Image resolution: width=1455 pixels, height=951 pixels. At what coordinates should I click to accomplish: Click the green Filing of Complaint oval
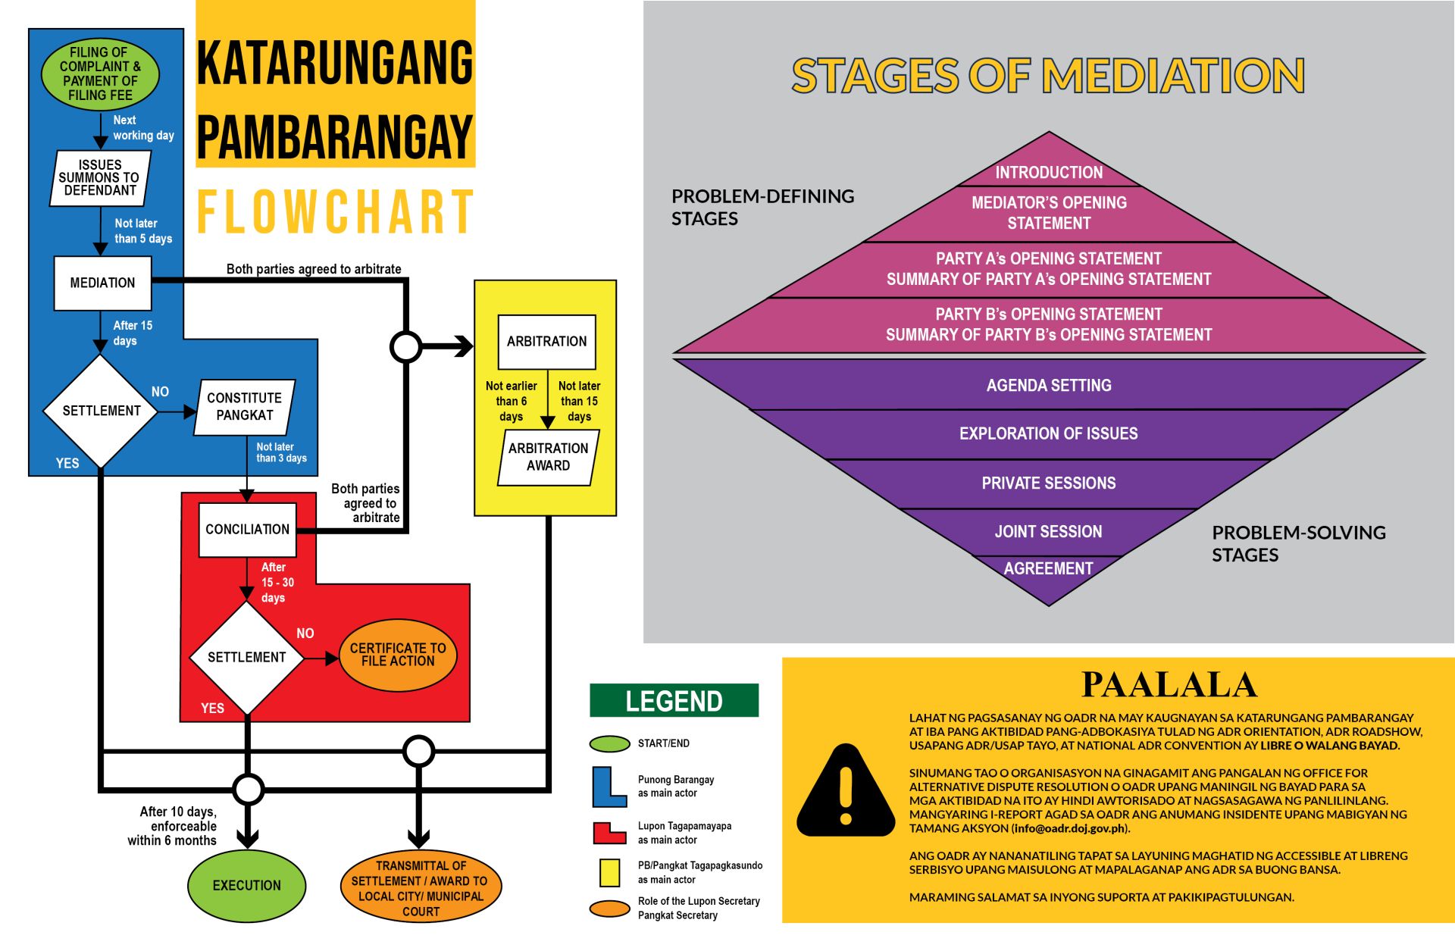(100, 74)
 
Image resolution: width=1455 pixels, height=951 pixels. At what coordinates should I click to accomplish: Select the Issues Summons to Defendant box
(100, 178)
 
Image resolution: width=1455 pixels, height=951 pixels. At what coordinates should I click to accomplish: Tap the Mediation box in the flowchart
(102, 283)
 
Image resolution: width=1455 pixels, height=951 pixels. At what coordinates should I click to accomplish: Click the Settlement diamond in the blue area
(101, 411)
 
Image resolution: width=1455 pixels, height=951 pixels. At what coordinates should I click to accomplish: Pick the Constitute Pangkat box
(244, 407)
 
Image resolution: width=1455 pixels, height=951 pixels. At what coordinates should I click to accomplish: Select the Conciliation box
(247, 530)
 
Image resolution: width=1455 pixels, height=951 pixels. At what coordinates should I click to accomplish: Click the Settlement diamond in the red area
(247, 657)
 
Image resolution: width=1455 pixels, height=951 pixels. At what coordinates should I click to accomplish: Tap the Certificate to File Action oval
(398, 655)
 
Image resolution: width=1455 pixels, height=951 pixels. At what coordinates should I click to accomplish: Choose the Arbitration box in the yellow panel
(546, 342)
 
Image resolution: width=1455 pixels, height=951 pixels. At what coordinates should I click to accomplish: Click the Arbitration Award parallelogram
(548, 457)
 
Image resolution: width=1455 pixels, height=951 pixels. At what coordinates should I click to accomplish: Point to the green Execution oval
(247, 885)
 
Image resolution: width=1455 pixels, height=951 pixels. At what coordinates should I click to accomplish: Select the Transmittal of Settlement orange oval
(421, 888)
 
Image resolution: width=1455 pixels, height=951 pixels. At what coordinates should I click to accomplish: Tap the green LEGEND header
(674, 700)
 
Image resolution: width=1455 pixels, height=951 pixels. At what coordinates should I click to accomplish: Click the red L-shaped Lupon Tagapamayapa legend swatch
(609, 833)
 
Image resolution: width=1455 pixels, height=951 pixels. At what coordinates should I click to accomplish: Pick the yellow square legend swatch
(609, 872)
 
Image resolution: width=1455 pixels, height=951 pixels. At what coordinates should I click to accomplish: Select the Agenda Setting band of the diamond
(1049, 384)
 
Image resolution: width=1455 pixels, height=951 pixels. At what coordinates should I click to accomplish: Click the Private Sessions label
(1049, 483)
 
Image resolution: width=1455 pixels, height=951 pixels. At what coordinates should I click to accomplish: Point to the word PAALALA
(1169, 684)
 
